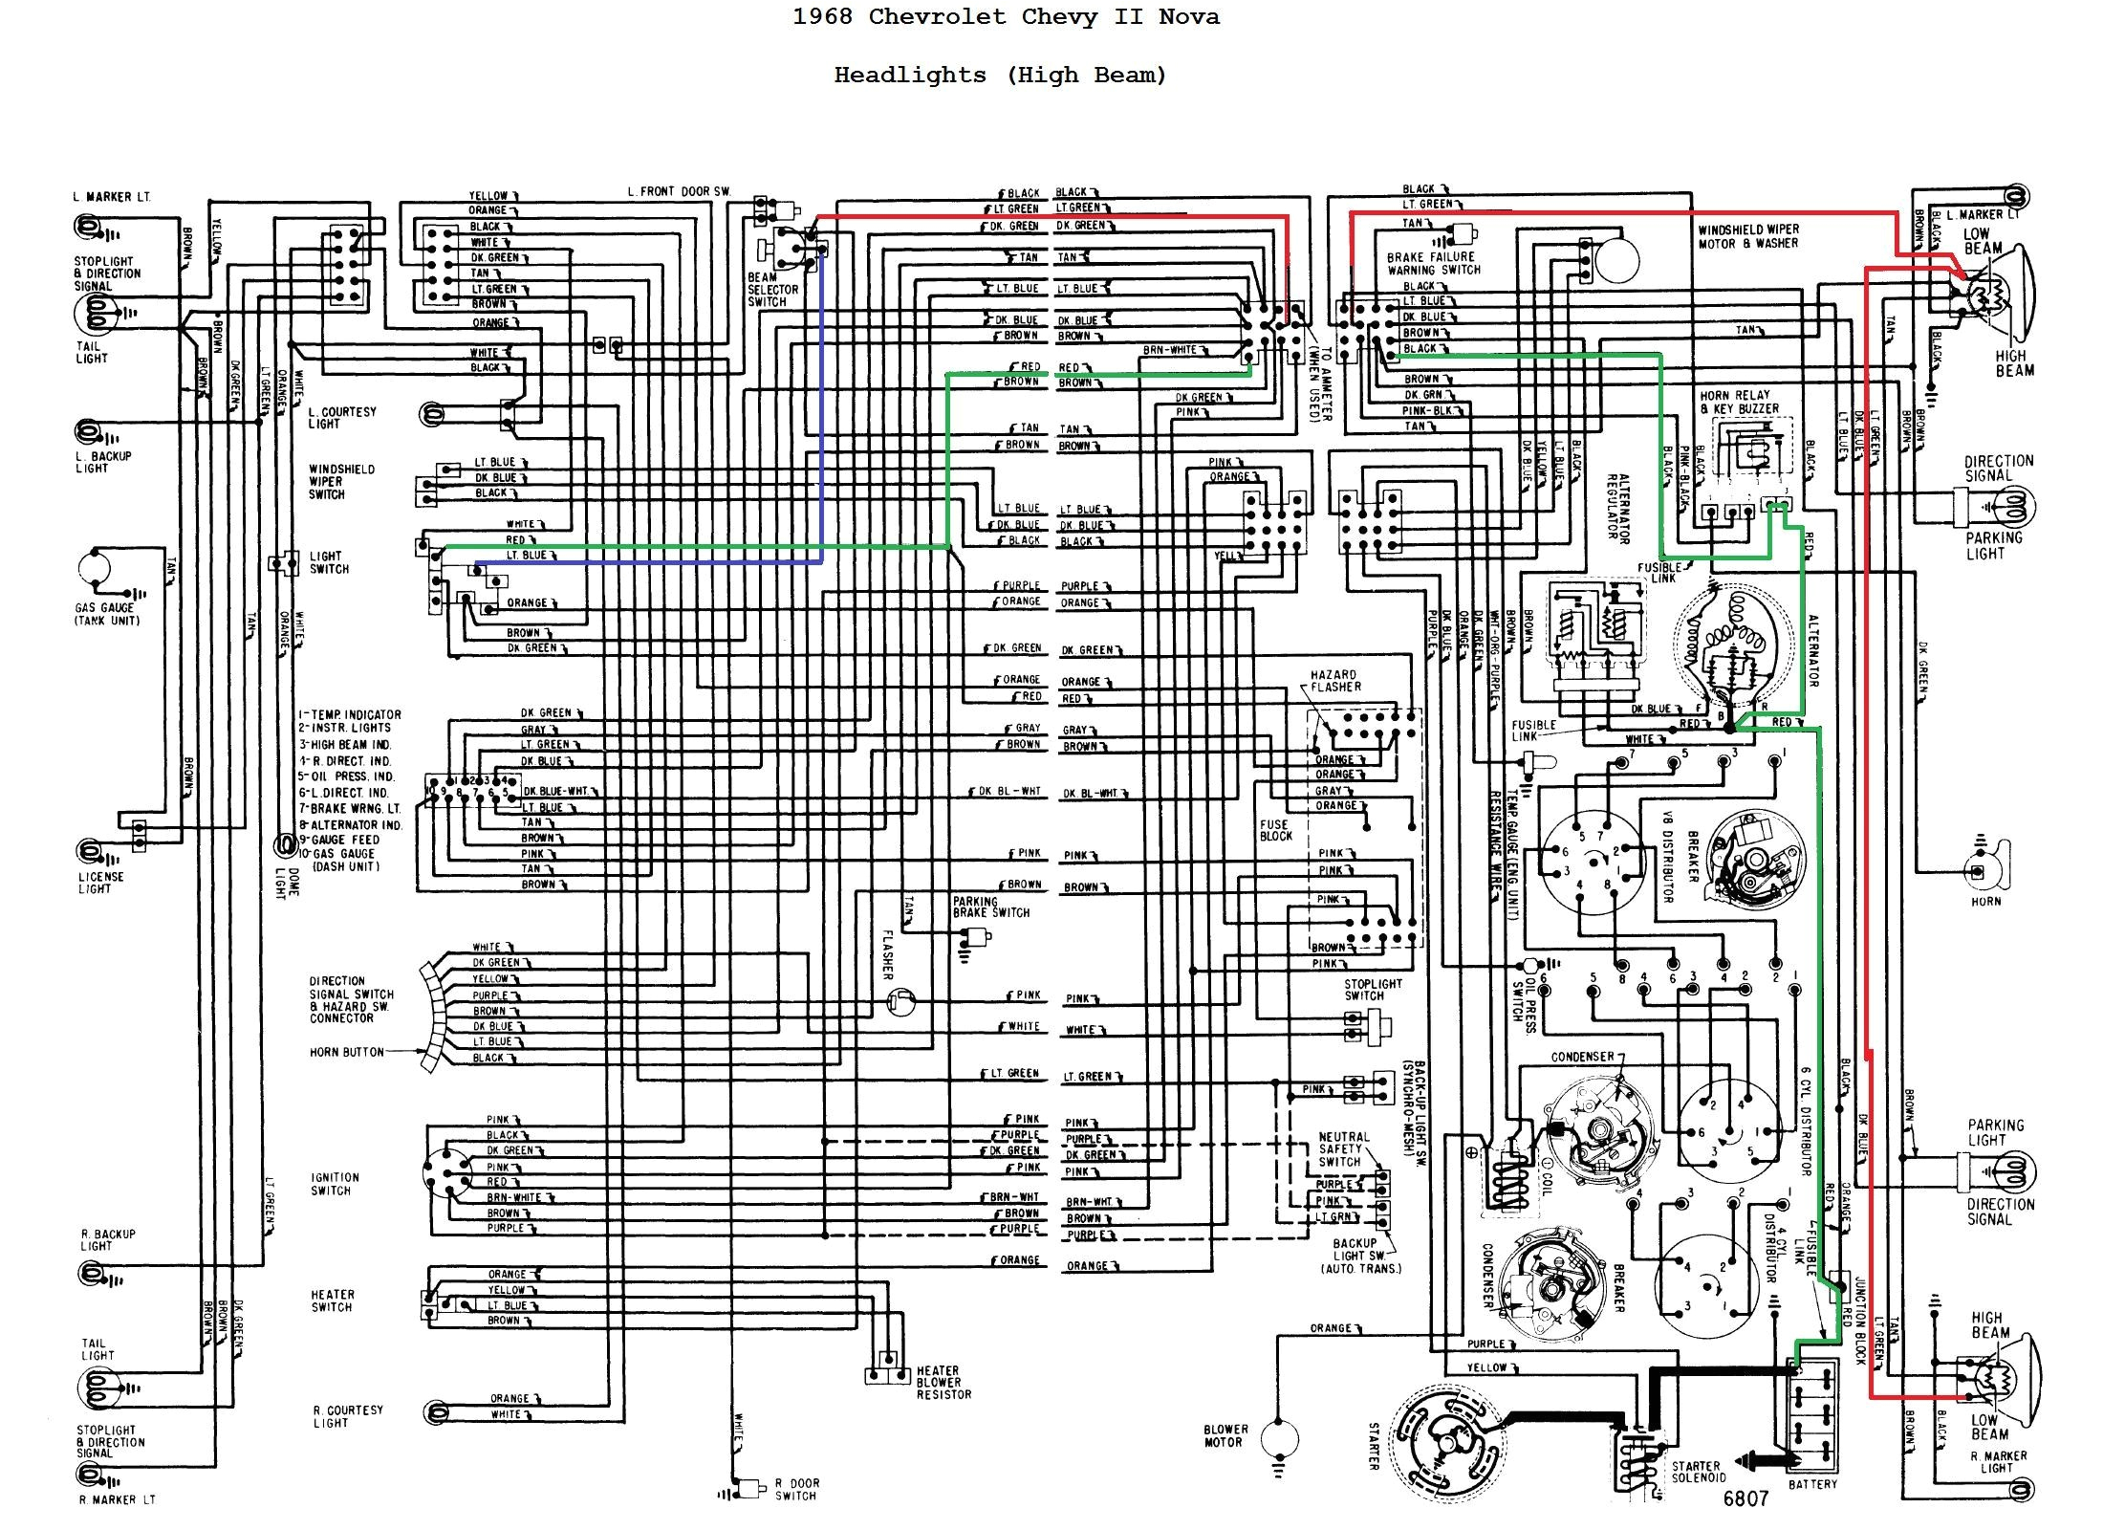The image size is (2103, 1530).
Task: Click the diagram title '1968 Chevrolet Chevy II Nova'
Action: click(1006, 17)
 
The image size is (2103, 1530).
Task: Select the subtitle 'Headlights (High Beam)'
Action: click(1000, 76)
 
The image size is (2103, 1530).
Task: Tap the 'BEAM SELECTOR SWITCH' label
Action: click(772, 290)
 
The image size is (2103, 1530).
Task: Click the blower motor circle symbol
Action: click(1279, 1437)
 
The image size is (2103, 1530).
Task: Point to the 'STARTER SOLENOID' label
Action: click(1696, 1472)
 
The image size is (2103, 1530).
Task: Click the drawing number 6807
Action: click(1745, 1498)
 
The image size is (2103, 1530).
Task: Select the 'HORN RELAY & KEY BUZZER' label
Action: click(1739, 402)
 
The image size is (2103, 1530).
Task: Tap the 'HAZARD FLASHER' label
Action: click(1335, 681)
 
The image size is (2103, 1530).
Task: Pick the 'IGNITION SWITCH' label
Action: click(335, 1184)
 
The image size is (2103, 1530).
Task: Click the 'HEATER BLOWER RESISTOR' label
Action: click(943, 1383)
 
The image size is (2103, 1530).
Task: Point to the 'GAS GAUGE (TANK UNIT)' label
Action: click(106, 614)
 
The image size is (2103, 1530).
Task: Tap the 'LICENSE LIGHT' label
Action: click(100, 883)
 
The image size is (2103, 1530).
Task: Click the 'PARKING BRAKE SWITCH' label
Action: click(990, 907)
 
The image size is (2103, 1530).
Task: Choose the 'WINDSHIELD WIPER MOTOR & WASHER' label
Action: click(1747, 236)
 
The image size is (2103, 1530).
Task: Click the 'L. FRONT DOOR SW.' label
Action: click(679, 191)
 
